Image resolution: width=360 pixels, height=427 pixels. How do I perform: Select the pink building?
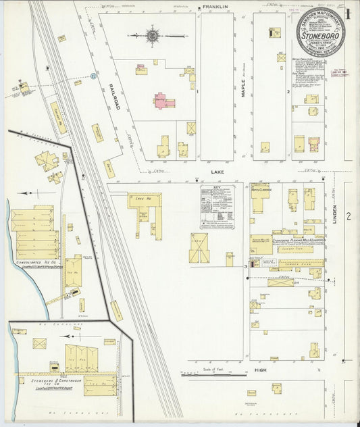pos(163,102)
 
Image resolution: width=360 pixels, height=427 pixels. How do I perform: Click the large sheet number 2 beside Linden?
pos(349,216)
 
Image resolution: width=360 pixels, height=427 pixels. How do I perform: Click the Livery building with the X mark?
pos(199,249)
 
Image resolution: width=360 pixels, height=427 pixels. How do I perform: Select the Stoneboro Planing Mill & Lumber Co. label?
pos(299,240)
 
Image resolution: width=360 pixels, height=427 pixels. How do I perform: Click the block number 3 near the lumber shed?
pos(245,267)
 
